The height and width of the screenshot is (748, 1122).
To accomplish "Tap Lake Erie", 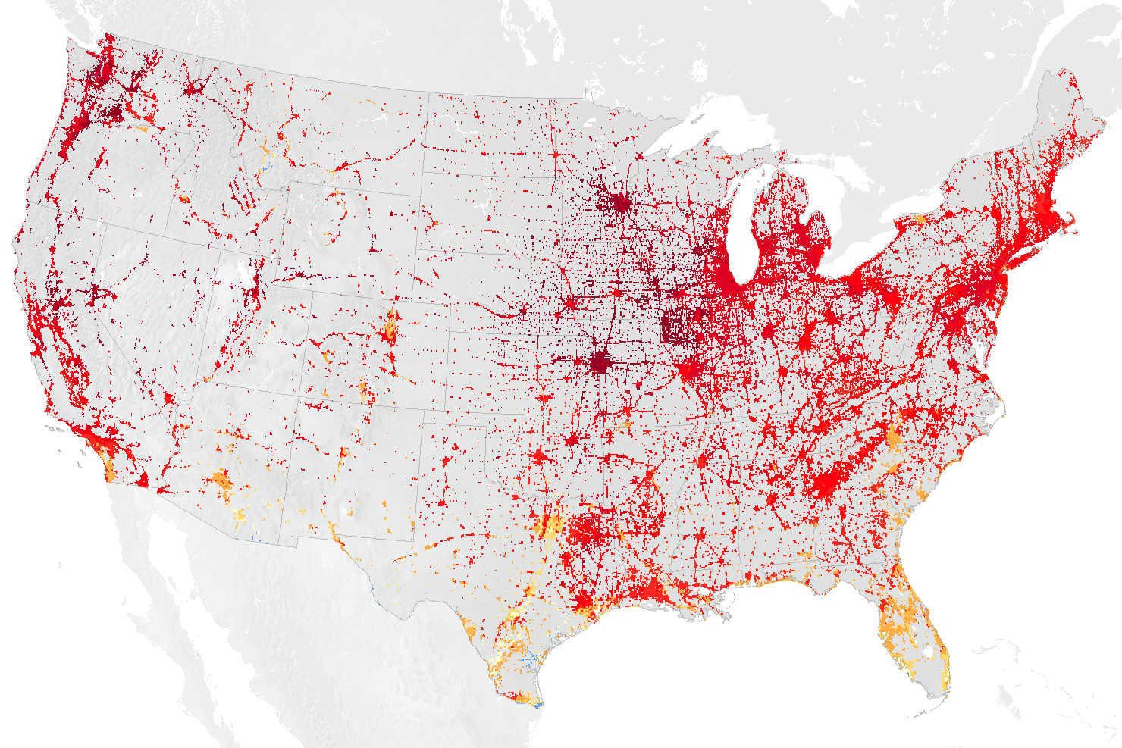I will pos(872,254).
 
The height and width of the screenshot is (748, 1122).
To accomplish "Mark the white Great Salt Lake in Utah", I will pos(244,271).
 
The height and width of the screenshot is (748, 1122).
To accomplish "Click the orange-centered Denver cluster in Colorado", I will pos(390,329).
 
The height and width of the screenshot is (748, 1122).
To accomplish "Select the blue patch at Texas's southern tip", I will pos(536,704).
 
